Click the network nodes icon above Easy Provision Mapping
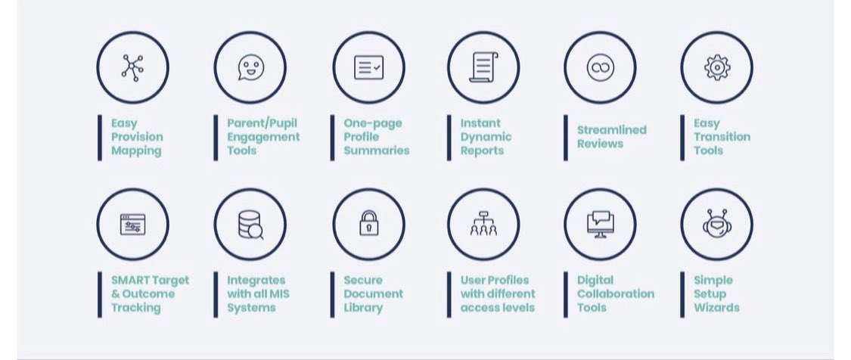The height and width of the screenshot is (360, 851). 132,67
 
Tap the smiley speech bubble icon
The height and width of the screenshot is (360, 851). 250,67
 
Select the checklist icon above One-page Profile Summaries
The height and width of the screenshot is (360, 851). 368,67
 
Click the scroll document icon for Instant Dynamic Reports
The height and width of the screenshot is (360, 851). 483,67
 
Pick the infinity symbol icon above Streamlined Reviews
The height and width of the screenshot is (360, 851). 600,67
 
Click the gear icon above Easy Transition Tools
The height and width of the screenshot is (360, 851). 716,67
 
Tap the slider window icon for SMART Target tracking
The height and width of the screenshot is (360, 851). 132,225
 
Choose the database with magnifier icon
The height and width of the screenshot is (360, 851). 250,225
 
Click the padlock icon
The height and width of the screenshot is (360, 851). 368,224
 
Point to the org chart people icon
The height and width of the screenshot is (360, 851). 483,225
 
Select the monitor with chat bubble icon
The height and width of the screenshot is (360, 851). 600,224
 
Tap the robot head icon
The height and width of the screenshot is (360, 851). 716,225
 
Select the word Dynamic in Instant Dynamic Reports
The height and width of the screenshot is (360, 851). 486,137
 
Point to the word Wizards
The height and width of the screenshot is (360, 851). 716,308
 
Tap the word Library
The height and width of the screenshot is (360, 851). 363,308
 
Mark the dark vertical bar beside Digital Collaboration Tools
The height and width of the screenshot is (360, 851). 566,294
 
